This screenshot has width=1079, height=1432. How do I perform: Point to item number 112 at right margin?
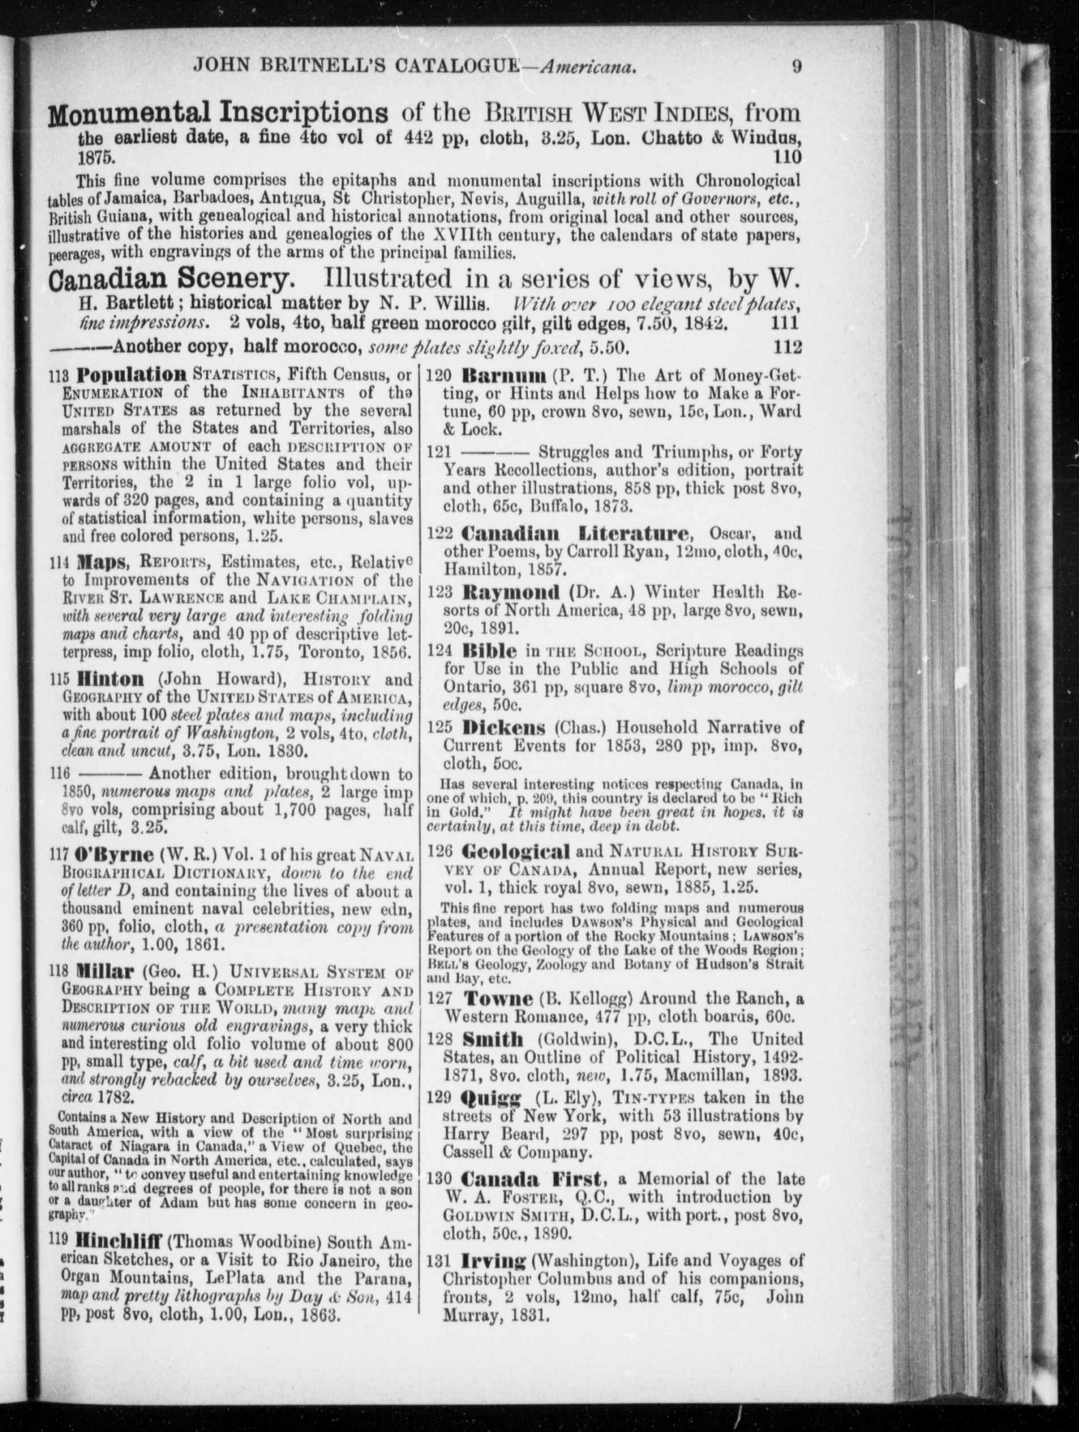(x=788, y=348)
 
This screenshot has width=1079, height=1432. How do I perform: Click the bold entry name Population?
(x=131, y=375)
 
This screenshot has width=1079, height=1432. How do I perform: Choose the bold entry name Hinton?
(x=110, y=680)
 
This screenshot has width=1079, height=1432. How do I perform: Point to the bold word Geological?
(x=516, y=852)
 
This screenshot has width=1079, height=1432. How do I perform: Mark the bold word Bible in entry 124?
(x=489, y=651)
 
